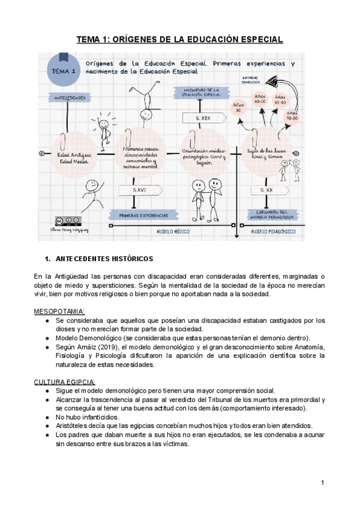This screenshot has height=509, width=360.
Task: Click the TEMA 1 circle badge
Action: (64, 70)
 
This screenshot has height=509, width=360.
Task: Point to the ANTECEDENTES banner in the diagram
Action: (70, 97)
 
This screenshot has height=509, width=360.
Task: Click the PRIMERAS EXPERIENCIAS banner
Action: (142, 214)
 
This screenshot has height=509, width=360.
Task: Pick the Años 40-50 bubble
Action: (260, 99)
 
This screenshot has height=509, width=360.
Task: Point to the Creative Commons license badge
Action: (67, 220)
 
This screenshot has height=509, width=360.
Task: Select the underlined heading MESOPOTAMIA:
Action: (59, 312)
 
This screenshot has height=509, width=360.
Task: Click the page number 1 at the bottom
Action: (322, 483)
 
